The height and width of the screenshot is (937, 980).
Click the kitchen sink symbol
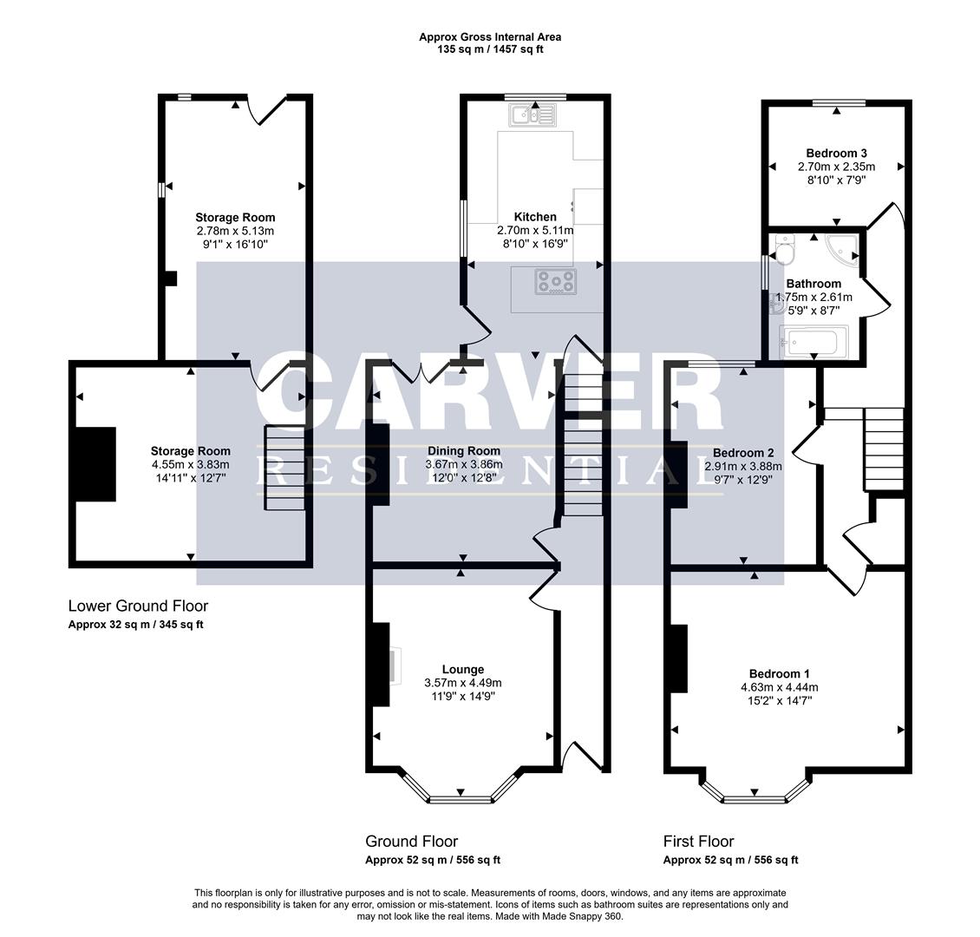536,115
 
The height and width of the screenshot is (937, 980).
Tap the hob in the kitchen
555,281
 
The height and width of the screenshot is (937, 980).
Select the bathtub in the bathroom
813,342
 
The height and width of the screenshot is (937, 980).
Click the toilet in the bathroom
786,249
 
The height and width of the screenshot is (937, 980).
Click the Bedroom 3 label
836,153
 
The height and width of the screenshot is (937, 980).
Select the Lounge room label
462,669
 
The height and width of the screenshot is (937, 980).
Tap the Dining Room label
463,450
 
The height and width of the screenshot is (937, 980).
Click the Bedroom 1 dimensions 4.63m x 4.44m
774,687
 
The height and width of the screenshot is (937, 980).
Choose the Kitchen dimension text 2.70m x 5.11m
535,230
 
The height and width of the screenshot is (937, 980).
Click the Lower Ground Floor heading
138,606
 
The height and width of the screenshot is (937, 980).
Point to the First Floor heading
698,841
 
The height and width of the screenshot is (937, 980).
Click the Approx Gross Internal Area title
490,36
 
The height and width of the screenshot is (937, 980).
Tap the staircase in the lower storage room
284,468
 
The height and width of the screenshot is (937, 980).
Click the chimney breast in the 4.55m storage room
95,464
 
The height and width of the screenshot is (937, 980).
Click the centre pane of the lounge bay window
461,796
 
